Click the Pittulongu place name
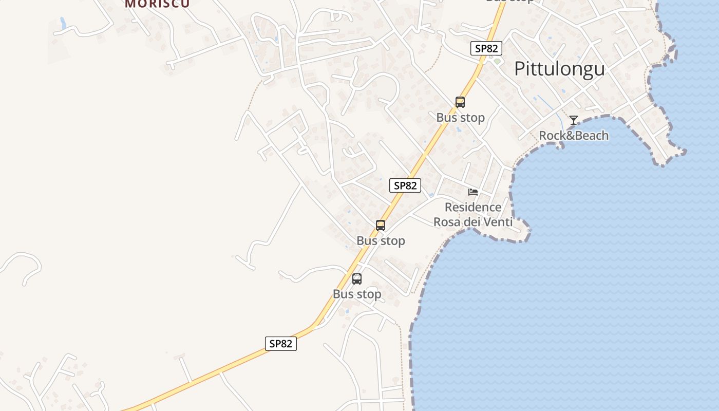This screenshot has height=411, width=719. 559,68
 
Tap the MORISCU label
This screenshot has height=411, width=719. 157,3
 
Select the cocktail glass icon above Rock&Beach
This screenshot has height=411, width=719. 574,120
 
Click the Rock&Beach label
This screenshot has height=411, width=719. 574,136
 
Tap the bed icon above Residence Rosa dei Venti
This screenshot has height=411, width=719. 473,192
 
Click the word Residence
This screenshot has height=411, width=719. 473,207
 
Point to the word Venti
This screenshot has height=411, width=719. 497,222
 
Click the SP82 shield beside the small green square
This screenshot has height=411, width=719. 486,48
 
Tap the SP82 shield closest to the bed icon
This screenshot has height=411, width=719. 405,185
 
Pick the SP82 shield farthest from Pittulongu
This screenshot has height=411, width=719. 281,344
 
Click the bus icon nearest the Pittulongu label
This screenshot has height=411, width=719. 460,102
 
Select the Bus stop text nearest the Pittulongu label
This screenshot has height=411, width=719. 460,118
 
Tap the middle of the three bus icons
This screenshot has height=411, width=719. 381,225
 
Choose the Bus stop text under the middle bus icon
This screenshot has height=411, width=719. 381,240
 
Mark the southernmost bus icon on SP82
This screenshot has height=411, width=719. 357,279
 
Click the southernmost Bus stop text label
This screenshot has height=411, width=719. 357,294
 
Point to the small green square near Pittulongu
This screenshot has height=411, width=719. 497,62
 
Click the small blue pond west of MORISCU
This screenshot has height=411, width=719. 63,23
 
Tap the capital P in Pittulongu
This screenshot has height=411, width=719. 520,68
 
